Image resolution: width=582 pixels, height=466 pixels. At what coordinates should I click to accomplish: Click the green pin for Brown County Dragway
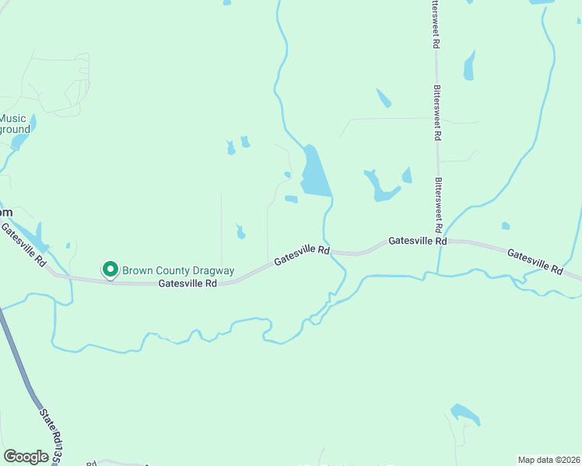[x=110, y=270]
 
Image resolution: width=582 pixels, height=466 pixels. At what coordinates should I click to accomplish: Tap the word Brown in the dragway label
[x=137, y=270]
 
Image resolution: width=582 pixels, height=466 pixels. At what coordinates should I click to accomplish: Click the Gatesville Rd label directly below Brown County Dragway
[x=188, y=284]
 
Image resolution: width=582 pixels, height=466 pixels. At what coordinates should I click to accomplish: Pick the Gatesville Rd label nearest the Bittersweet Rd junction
[x=418, y=241]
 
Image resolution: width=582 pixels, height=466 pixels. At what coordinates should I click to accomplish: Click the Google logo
[x=26, y=457]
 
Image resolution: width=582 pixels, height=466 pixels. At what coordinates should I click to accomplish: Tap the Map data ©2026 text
[x=549, y=459]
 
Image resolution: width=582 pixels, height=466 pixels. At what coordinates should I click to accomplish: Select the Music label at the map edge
[x=12, y=119]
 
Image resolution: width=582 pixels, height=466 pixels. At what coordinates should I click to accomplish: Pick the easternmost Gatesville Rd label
[x=535, y=261]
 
